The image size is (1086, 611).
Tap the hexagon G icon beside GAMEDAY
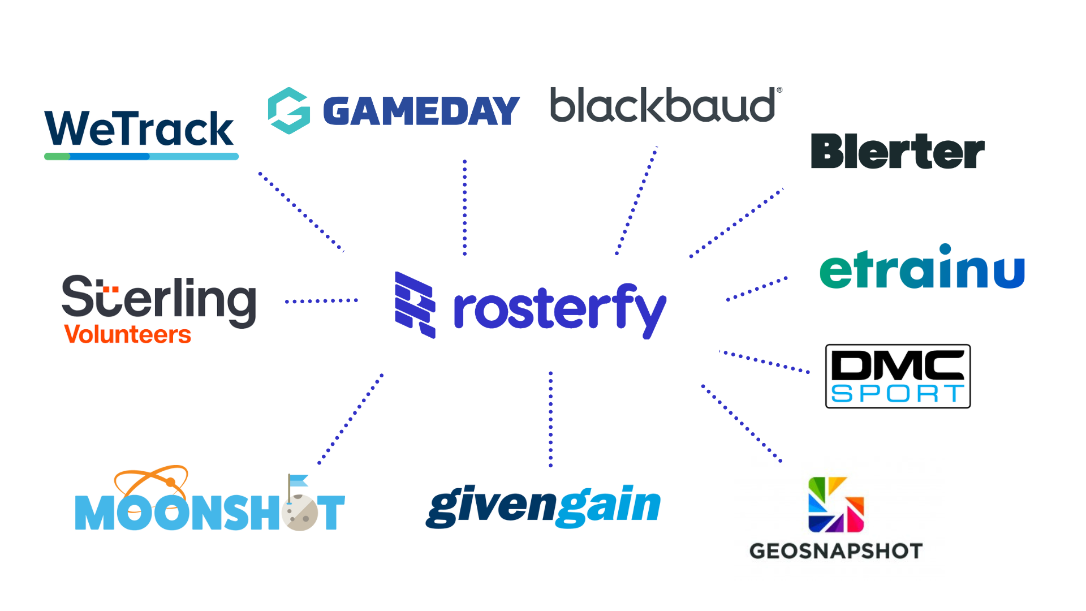pyautogui.click(x=289, y=110)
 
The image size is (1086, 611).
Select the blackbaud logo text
pyautogui.click(x=666, y=105)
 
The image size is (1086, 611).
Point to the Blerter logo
pyautogui.click(x=898, y=152)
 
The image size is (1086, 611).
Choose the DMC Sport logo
pyautogui.click(x=898, y=376)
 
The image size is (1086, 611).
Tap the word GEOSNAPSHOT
pyautogui.click(x=836, y=551)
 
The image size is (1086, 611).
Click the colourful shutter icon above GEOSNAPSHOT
pyautogui.click(x=836, y=505)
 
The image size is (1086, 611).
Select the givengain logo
pyautogui.click(x=542, y=504)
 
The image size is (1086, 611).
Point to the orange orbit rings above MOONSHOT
pyautogui.click(x=151, y=480)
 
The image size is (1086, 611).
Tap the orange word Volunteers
pyautogui.click(x=127, y=334)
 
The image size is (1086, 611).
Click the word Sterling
pyautogui.click(x=158, y=298)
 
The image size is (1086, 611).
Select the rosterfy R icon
pyautogui.click(x=415, y=305)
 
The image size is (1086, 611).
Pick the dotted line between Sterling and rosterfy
pyautogui.click(x=321, y=301)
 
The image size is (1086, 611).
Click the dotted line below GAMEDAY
pyautogui.click(x=465, y=207)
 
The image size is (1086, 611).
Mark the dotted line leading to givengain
pyautogui.click(x=550, y=419)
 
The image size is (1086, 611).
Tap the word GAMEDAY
pyautogui.click(x=421, y=111)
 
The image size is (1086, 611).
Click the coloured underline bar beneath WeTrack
pyautogui.click(x=141, y=156)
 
